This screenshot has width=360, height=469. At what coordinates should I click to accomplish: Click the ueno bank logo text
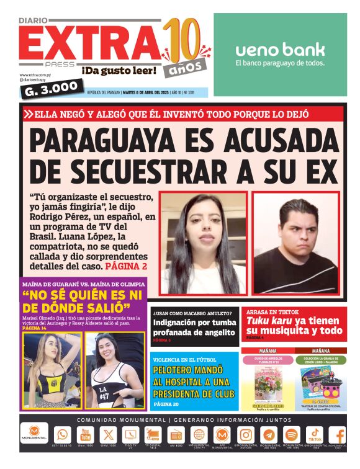coord(280,50)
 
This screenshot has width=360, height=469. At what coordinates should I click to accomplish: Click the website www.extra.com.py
coord(35,75)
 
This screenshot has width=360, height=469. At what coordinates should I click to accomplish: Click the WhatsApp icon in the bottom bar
coord(62,435)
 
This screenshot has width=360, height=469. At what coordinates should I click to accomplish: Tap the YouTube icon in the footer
coord(85,435)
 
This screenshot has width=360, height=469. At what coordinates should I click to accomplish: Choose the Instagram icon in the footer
coord(246,435)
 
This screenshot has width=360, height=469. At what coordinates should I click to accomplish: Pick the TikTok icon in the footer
coord(314,435)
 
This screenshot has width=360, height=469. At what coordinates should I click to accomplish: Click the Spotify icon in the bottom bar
coord(292,435)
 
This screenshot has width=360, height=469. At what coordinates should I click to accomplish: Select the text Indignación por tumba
coord(194,323)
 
